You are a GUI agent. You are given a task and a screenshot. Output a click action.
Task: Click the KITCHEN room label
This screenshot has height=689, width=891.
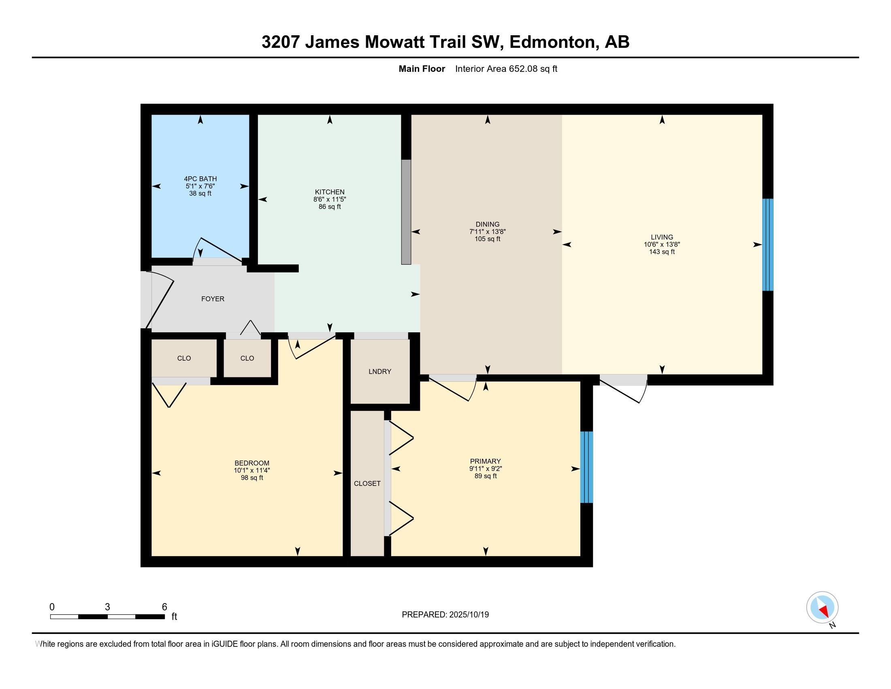pyautogui.click(x=329, y=192)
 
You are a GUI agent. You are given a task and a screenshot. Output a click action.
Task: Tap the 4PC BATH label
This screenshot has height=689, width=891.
pyautogui.click(x=200, y=179)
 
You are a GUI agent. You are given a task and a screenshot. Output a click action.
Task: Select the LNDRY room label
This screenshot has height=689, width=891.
pyautogui.click(x=379, y=371)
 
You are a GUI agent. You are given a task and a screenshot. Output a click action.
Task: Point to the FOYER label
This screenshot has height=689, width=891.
pyautogui.click(x=213, y=299)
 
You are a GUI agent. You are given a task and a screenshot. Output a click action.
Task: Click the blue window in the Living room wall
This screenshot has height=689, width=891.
pyautogui.click(x=767, y=244)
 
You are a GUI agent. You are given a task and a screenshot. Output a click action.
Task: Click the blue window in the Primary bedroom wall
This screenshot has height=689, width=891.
pyautogui.click(x=586, y=467)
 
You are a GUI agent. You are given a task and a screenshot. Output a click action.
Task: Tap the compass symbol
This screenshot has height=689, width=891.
pyautogui.click(x=822, y=608)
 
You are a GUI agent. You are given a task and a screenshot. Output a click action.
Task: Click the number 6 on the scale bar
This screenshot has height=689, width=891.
pyautogui.click(x=164, y=607)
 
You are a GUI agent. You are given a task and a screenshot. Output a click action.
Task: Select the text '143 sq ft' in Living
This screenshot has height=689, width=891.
pyautogui.click(x=661, y=252)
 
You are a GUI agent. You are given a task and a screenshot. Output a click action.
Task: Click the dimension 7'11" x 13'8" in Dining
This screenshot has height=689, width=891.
pyautogui.click(x=487, y=231)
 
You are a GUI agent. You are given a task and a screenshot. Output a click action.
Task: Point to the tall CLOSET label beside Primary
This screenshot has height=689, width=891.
pyautogui.click(x=367, y=483)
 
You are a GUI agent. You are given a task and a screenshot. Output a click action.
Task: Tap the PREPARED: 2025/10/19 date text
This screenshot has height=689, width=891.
pyautogui.click(x=445, y=614)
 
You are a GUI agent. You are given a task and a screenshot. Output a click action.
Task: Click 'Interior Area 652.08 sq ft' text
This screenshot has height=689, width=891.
pyautogui.click(x=506, y=69)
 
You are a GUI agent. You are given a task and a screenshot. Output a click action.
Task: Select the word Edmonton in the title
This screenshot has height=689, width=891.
pyautogui.click(x=551, y=42)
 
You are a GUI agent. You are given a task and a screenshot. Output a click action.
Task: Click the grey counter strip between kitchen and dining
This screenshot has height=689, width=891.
pyautogui.click(x=406, y=212)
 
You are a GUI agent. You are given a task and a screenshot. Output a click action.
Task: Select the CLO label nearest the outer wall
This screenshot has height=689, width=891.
pyautogui.click(x=184, y=358)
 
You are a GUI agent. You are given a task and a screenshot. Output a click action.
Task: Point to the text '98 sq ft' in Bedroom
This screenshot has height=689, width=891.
pyautogui.click(x=252, y=477)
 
